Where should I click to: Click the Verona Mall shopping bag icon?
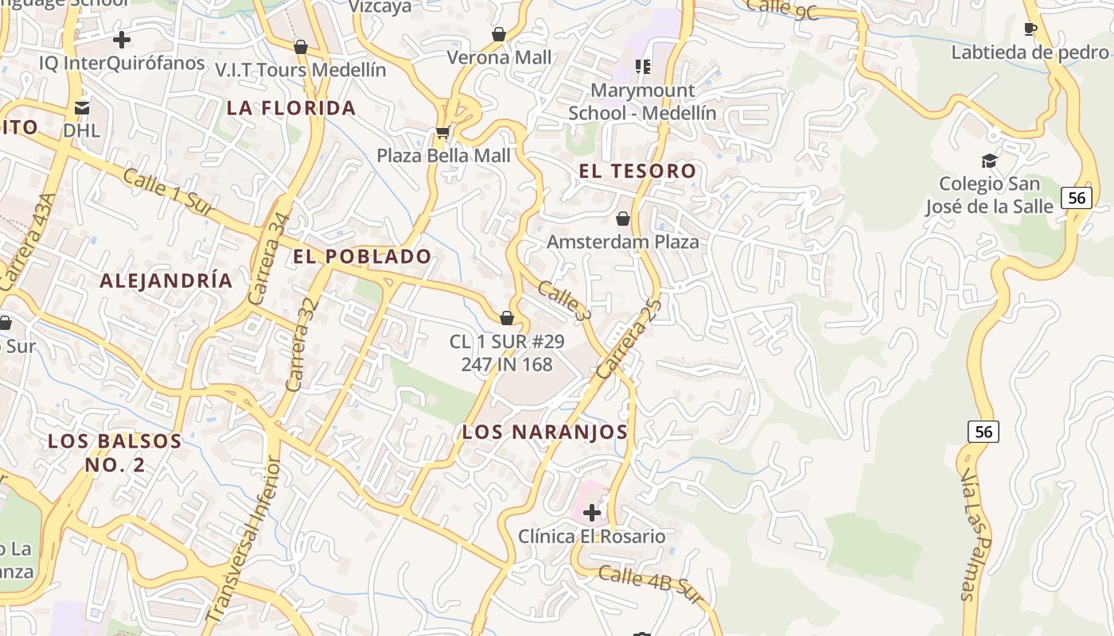click(499, 34)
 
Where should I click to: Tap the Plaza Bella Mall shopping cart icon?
click(442, 132)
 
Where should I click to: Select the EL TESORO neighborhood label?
click(637, 171)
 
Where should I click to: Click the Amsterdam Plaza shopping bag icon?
click(623, 218)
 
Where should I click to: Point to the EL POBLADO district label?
click(362, 257)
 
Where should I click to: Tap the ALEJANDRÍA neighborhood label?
click(166, 281)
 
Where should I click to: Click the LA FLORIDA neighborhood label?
click(291, 108)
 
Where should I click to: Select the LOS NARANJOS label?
click(545, 432)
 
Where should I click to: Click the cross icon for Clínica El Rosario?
click(592, 513)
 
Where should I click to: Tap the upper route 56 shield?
click(1076, 197)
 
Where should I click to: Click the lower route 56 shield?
click(984, 432)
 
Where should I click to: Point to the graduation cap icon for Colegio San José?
click(989, 161)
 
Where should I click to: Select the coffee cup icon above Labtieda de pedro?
click(1030, 29)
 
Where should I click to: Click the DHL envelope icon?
click(82, 107)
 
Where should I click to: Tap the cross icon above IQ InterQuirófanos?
click(122, 39)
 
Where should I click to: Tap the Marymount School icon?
click(642, 67)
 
